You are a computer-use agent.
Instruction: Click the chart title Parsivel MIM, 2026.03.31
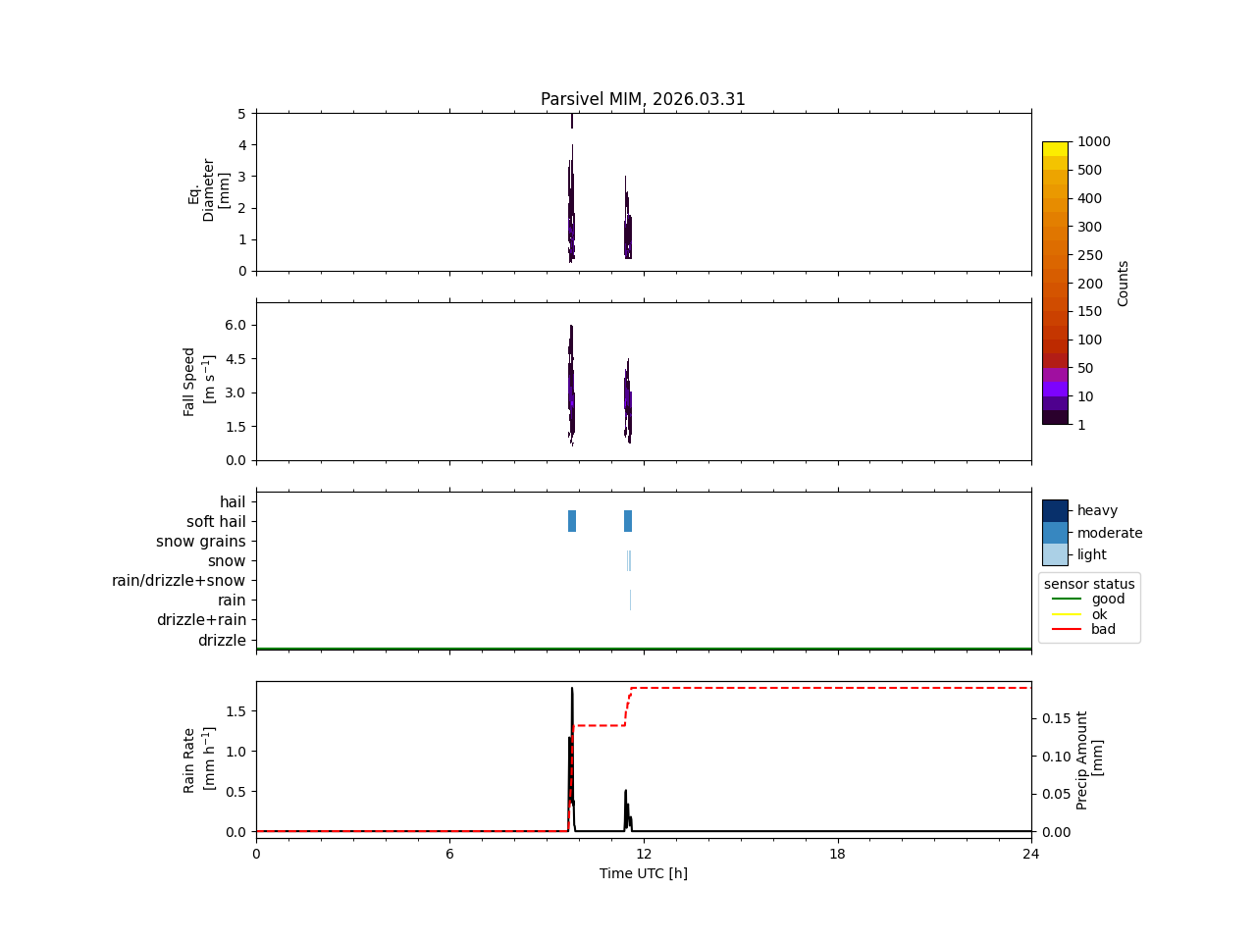click(x=643, y=99)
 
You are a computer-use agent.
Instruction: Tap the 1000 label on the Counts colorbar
click(x=1093, y=142)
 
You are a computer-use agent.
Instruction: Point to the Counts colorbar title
click(x=1123, y=284)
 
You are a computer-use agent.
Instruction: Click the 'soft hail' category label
click(x=216, y=522)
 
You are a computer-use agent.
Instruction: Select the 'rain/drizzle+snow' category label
click(x=179, y=581)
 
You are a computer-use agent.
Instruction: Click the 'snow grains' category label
click(x=201, y=542)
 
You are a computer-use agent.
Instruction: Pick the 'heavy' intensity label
click(x=1097, y=510)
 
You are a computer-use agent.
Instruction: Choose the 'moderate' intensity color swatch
click(x=1055, y=533)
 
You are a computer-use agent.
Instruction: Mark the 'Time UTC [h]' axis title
click(x=643, y=873)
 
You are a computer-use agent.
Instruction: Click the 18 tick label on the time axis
click(x=837, y=854)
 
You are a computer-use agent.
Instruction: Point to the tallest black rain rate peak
click(x=572, y=689)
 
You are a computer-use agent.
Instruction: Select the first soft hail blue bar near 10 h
click(x=572, y=521)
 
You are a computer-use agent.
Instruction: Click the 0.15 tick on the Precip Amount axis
click(x=1056, y=718)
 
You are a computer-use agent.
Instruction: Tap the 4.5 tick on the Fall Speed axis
click(x=235, y=359)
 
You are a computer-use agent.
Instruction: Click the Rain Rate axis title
click(x=198, y=760)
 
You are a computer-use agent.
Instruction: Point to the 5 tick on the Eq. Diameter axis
click(x=242, y=114)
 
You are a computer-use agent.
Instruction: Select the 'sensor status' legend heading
click(x=1089, y=584)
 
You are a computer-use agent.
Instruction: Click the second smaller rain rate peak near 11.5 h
click(x=626, y=791)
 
